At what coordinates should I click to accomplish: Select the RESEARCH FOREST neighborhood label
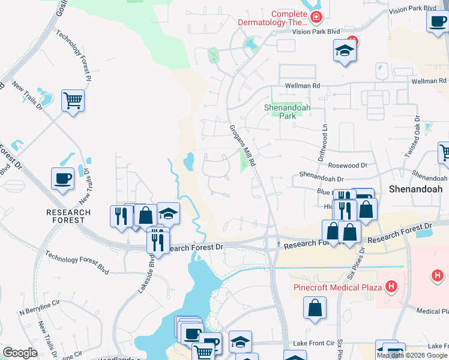[68, 216]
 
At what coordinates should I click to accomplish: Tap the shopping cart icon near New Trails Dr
[73, 101]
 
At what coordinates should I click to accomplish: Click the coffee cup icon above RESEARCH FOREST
[62, 178]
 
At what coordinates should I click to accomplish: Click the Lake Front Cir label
[313, 343]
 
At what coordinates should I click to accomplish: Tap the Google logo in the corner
[20, 353]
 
